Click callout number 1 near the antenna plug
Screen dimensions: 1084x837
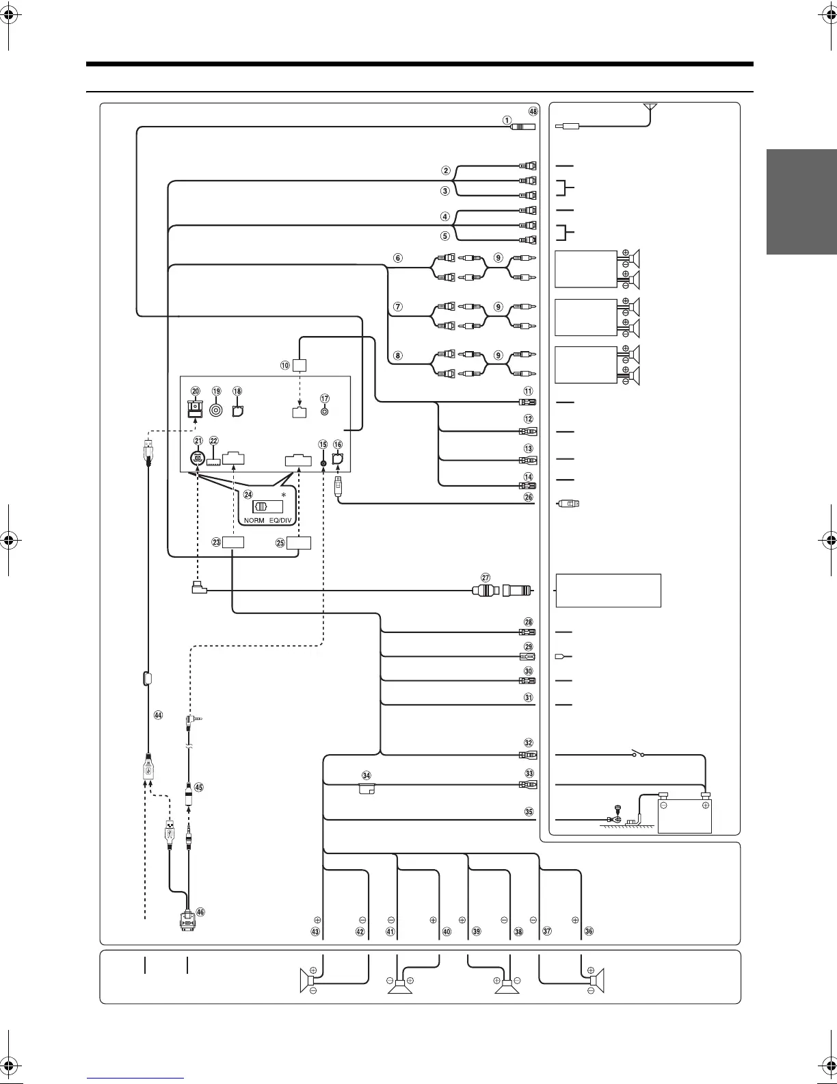[x=507, y=120]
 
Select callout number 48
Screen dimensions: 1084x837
[x=533, y=112]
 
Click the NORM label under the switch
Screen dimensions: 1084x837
[x=254, y=520]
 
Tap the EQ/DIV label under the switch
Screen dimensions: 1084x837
[x=279, y=520]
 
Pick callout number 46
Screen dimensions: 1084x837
[x=200, y=912]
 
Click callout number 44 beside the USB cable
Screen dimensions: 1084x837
[x=159, y=715]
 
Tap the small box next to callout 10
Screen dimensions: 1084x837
[x=300, y=365]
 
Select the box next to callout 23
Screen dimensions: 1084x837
[x=233, y=543]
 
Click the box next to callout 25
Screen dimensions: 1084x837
[x=299, y=543]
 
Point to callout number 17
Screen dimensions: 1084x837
[x=325, y=398]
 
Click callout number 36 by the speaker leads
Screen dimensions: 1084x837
[x=589, y=931]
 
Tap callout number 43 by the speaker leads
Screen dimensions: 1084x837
[x=315, y=931]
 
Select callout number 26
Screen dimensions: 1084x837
[x=528, y=498]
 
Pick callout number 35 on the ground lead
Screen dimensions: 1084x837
[x=528, y=812]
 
